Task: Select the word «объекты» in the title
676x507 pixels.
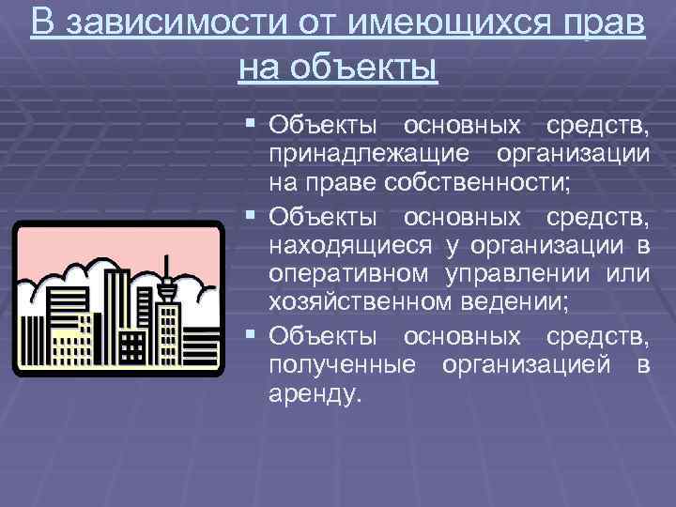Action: click(x=365, y=67)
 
